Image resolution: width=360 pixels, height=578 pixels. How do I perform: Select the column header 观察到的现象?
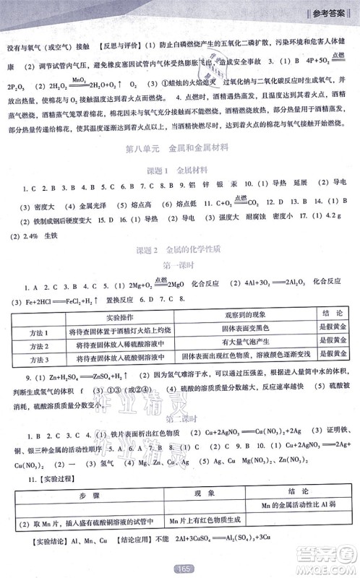click(243, 316)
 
